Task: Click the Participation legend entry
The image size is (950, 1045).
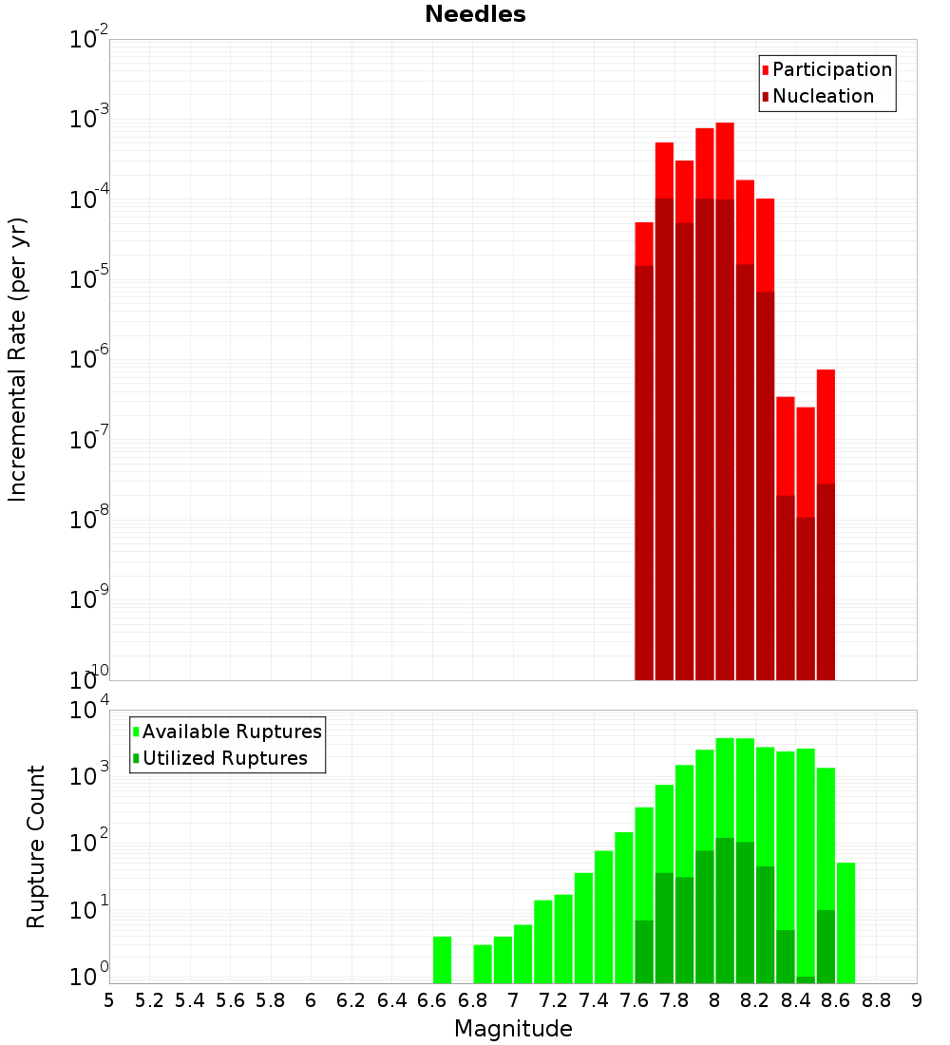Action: [x=831, y=70]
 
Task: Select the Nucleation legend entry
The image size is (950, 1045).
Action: [x=822, y=97]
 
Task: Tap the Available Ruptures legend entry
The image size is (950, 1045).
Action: [x=231, y=732]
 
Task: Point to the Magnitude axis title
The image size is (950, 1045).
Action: [x=513, y=1029]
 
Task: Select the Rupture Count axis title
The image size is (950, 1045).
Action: [x=36, y=846]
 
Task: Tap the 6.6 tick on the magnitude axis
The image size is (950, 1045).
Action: [x=432, y=1000]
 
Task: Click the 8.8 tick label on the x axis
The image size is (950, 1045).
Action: [x=877, y=1000]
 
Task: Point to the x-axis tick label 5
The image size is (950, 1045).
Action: [x=109, y=1000]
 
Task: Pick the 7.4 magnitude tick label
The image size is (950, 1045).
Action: [x=594, y=1000]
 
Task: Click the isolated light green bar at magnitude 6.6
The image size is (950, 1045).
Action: [x=442, y=959]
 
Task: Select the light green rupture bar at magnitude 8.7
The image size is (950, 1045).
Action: [x=845, y=921]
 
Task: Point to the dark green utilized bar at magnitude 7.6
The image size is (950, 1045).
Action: [x=644, y=951]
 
